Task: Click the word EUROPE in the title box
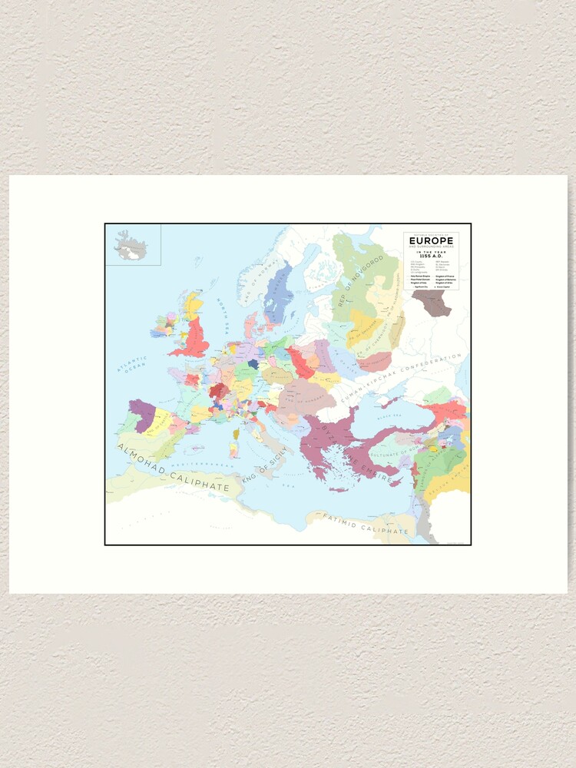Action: [x=431, y=240]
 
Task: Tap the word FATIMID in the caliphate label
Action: [x=344, y=521]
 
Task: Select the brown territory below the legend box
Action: [x=432, y=302]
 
